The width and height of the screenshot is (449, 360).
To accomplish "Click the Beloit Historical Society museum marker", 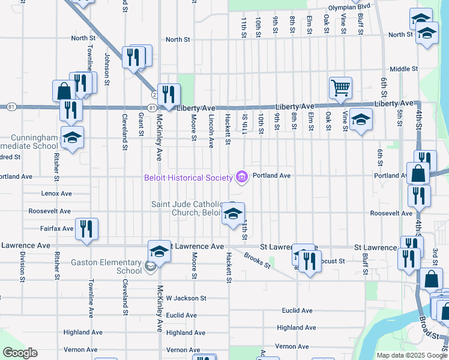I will click(x=242, y=176).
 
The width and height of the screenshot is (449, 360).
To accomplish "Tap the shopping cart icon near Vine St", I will click(x=340, y=88).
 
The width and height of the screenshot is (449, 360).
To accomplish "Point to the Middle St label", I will click(x=403, y=69).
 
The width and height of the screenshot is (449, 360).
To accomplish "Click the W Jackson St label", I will click(x=186, y=298).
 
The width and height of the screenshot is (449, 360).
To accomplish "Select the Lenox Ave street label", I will click(x=56, y=194).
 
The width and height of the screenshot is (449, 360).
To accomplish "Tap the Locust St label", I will click(x=332, y=261).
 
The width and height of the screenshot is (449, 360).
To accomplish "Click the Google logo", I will click(x=20, y=353).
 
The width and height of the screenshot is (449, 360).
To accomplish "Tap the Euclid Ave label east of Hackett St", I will click(x=298, y=311).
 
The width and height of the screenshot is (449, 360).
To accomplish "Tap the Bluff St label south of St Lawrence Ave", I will click(x=365, y=263).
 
